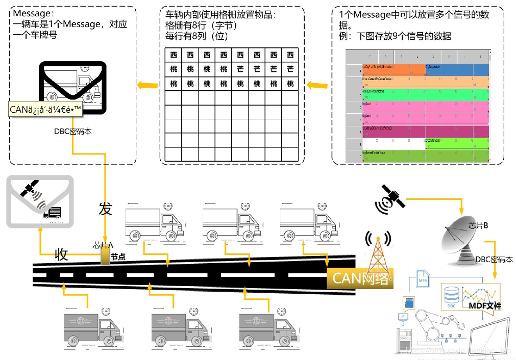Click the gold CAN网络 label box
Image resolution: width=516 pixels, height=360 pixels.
[360, 278]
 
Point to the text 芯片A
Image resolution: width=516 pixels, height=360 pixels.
[103, 245]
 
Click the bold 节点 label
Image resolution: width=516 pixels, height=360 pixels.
[118, 257]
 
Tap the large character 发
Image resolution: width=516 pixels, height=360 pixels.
[105, 209]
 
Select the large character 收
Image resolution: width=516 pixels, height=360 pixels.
[61, 255]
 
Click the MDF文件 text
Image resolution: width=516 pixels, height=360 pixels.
[484, 306]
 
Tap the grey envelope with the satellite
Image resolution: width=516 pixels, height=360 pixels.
[40, 201]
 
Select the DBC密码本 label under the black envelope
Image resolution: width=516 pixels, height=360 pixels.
[73, 131]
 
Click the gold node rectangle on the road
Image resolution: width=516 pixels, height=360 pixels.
[105, 256]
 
